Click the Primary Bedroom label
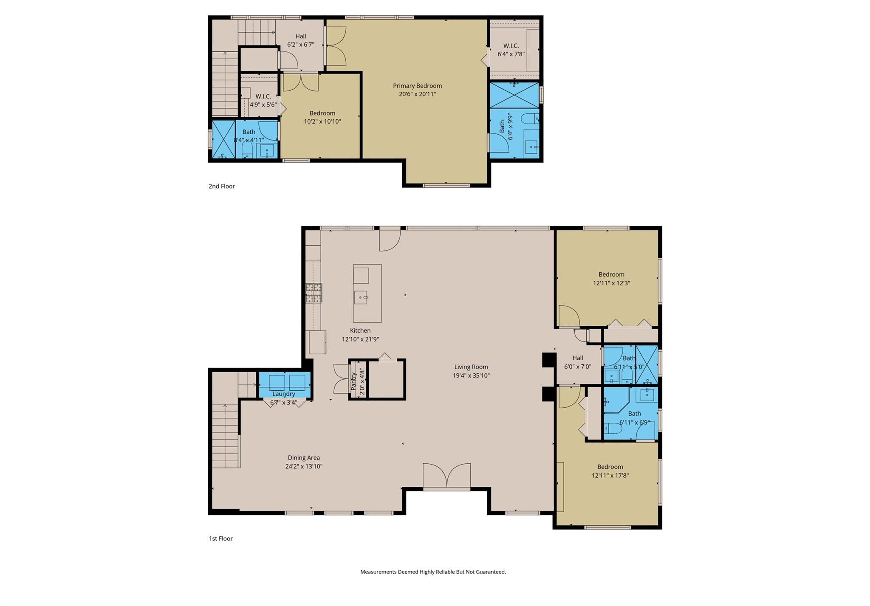point(417,86)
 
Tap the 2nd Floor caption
point(221,186)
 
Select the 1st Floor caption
point(220,538)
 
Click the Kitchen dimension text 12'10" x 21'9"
point(360,339)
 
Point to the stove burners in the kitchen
point(314,293)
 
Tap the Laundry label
point(283,394)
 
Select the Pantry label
point(353,382)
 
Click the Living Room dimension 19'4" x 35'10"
point(471,375)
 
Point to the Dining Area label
point(304,458)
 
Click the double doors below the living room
point(446,476)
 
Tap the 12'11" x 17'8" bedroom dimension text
point(610,476)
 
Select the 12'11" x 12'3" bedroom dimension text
point(611,283)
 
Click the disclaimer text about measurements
point(433,572)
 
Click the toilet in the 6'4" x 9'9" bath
point(530,118)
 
